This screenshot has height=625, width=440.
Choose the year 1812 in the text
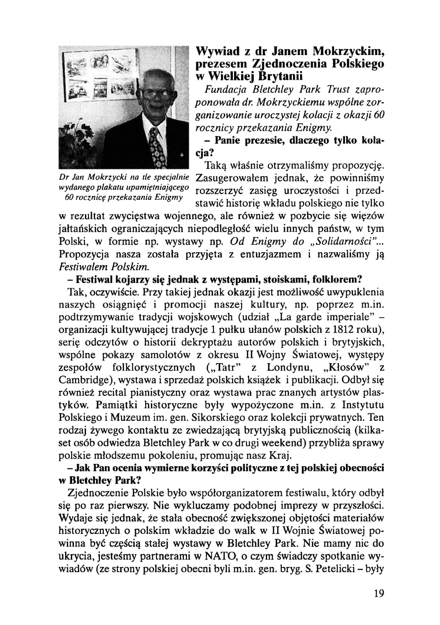click(x=346, y=330)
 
